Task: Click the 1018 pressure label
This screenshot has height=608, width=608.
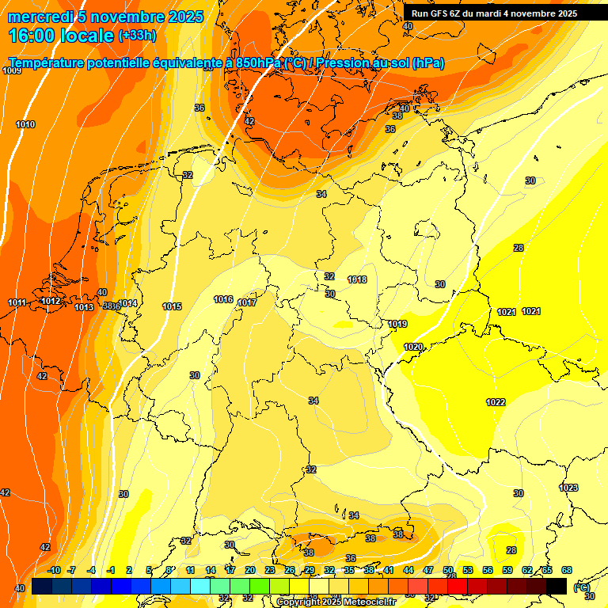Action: pyautogui.click(x=357, y=279)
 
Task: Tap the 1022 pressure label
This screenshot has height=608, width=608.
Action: pyautogui.click(x=496, y=402)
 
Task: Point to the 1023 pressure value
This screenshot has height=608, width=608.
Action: pyautogui.click(x=568, y=488)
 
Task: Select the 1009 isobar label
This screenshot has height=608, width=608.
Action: pyautogui.click(x=12, y=70)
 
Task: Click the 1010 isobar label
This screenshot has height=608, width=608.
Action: pyautogui.click(x=25, y=124)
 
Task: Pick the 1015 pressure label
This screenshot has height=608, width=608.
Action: pyautogui.click(x=172, y=306)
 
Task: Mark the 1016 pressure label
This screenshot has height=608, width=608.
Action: pyautogui.click(x=223, y=299)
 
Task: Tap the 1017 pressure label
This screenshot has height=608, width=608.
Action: pyautogui.click(x=247, y=302)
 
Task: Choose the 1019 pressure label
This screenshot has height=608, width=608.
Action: pyautogui.click(x=397, y=324)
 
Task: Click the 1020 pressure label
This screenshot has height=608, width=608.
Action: pyautogui.click(x=412, y=347)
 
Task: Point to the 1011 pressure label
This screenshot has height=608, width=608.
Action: pyautogui.click(x=17, y=302)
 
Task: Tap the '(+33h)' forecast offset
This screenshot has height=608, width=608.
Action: pyautogui.click(x=137, y=36)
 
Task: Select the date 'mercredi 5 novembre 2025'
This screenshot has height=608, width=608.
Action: pyautogui.click(x=105, y=17)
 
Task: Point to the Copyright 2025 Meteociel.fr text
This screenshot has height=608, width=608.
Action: pyautogui.click(x=336, y=602)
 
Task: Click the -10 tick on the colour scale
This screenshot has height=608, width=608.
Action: pyautogui.click(x=54, y=570)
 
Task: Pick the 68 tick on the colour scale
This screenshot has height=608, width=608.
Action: pyautogui.click(x=567, y=570)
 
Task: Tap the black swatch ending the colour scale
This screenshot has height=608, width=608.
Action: pyautogui.click(x=557, y=585)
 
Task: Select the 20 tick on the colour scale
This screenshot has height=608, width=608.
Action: pyautogui.click(x=250, y=570)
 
